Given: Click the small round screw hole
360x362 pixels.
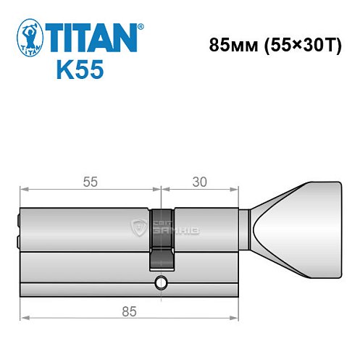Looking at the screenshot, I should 159,282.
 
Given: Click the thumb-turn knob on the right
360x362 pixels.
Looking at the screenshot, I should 297,227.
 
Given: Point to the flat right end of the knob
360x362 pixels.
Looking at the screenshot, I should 339,227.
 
